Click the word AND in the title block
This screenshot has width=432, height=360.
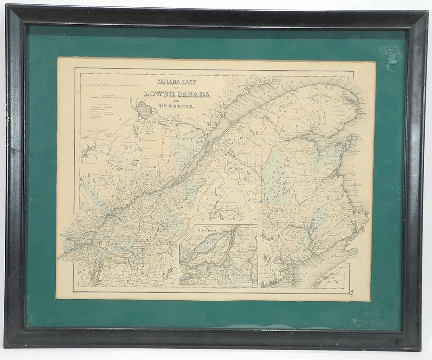pyautogui.click(x=175, y=101)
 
